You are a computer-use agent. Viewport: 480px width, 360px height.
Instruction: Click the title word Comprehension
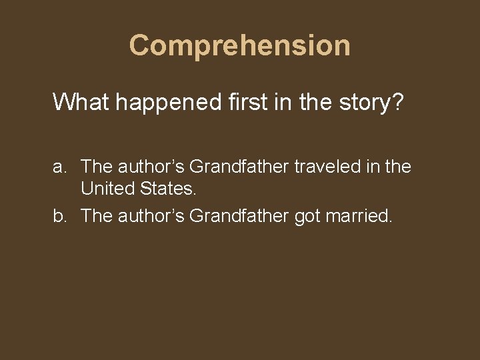coord(239,45)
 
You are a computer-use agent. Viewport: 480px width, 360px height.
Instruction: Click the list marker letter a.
coord(59,167)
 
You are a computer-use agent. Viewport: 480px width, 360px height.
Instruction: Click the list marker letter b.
coord(59,215)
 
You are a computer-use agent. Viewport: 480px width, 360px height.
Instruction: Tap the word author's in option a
coord(151,167)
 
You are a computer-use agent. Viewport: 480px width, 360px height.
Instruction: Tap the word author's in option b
coord(151,215)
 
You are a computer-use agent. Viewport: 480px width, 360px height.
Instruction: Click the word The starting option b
coord(95,215)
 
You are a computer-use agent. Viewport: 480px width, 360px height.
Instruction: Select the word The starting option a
coord(95,167)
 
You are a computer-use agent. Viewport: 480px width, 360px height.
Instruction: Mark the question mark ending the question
coord(397,102)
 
